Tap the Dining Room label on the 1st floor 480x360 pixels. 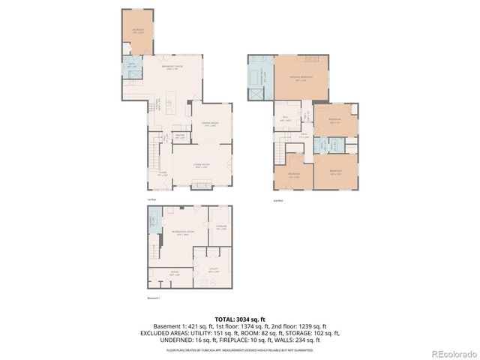tap(210, 124)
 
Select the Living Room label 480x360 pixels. tap(202, 166)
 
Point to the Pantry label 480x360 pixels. tap(180, 137)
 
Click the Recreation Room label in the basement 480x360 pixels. tap(178, 233)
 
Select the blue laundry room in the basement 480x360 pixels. tap(153, 221)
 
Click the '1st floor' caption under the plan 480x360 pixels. tap(151, 199)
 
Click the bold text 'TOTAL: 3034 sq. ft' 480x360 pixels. tap(240, 319)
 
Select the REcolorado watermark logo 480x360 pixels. tap(452, 352)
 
